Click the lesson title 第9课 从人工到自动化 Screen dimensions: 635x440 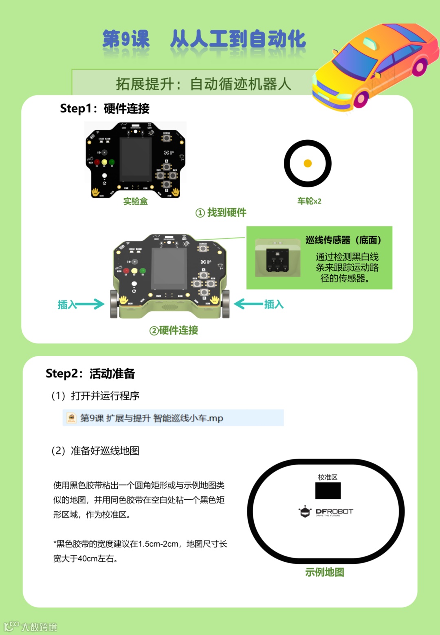point(204,40)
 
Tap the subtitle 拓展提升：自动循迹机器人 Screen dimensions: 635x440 point(203,84)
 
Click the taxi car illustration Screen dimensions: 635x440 point(375,65)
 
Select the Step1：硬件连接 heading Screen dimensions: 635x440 point(105,108)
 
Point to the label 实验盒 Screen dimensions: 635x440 point(135,201)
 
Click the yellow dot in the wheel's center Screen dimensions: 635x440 point(308,163)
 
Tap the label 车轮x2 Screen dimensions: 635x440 point(309,201)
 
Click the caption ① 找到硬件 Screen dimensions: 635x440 point(221,213)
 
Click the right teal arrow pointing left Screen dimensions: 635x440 point(248,304)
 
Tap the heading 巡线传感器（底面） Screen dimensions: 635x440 point(343,240)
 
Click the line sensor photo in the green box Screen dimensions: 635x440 point(277,259)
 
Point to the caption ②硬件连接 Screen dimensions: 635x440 point(174,330)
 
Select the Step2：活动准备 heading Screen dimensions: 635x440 point(90,374)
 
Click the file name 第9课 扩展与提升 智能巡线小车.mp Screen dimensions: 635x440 point(152,418)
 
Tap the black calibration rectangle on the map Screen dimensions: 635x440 point(328,491)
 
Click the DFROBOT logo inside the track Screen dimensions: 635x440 point(326,512)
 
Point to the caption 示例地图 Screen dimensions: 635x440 point(325,572)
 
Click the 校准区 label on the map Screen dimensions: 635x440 point(328,477)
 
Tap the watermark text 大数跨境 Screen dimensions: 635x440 point(39,627)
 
